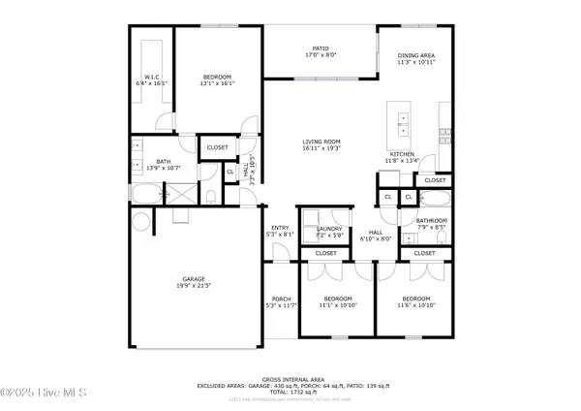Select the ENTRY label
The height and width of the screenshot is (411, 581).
pos(281,231)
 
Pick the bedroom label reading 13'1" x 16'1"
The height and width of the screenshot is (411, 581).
pos(217,80)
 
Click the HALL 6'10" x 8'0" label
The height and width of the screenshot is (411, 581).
pos(375,235)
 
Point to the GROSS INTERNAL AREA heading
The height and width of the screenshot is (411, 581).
pos(290,379)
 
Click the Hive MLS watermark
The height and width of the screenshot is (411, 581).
pos(44,393)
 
